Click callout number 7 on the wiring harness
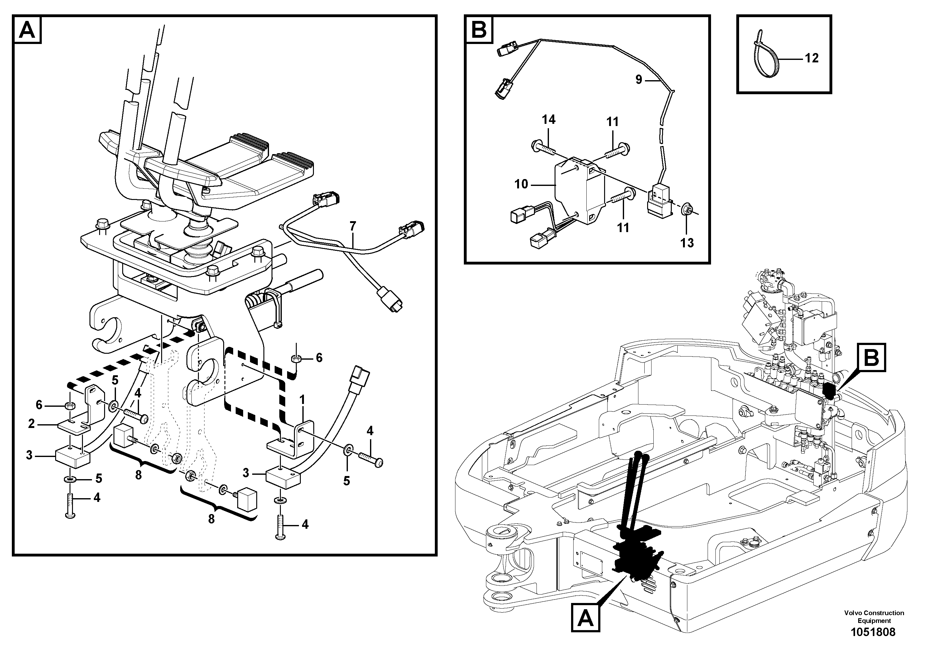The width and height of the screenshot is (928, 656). (353, 226)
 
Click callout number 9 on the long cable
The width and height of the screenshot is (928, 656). (639, 79)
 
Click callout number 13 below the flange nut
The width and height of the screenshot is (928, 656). (687, 243)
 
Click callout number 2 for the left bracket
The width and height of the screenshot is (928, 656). (31, 424)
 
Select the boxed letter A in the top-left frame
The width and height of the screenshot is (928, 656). (27, 30)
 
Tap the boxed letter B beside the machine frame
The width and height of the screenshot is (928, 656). (872, 357)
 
